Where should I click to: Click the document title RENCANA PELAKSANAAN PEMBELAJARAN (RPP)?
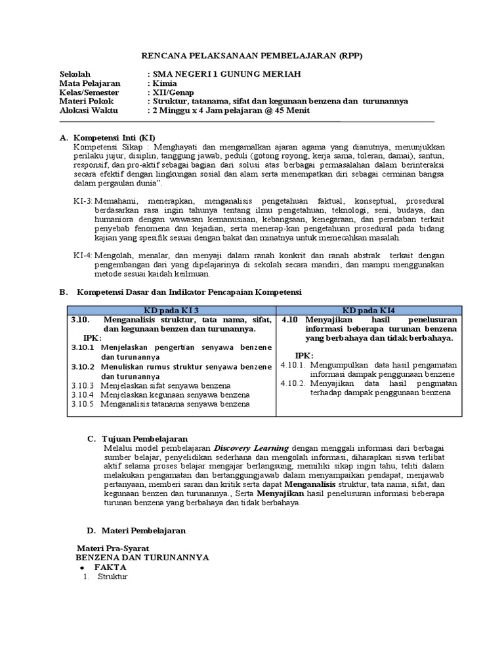[252, 56]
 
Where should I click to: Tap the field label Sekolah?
[75, 75]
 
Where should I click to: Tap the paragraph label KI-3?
[83, 201]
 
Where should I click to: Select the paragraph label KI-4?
[83, 256]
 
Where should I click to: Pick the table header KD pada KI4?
[368, 310]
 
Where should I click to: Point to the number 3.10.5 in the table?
[83, 404]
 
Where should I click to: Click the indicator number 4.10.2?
[293, 383]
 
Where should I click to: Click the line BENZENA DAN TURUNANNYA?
[142, 557]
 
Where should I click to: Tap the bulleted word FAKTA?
[110, 567]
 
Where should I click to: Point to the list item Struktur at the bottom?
[112, 577]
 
